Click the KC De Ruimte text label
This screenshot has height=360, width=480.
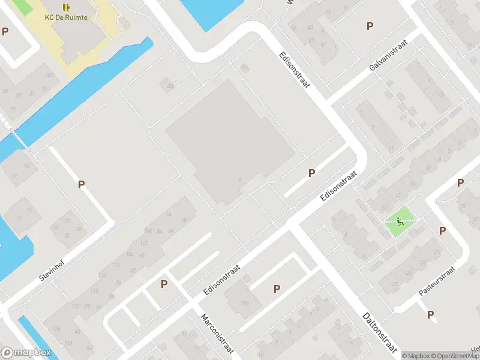pyautogui.click(x=66, y=17)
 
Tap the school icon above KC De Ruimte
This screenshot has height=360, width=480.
pyautogui.click(x=66, y=7)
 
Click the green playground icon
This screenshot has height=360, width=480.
pyautogui.click(x=400, y=221)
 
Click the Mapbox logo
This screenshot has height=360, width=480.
pyautogui.click(x=25, y=353)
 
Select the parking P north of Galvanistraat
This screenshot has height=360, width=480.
pyautogui.click(x=370, y=26)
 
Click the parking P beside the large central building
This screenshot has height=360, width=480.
pyautogui.click(x=311, y=173)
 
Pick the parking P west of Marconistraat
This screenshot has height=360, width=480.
pyautogui.click(x=164, y=284)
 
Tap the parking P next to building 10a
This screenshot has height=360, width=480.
pyautogui.click(x=277, y=289)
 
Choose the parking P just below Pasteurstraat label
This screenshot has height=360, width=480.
pyautogui.click(x=430, y=314)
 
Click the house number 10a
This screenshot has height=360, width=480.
pyautogui.click(x=244, y=303)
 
